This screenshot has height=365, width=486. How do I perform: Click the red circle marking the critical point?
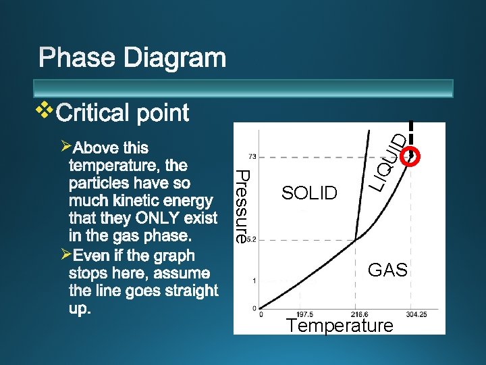(x=410, y=155)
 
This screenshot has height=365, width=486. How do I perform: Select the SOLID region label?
(x=309, y=193)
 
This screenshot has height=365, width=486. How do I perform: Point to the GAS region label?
(x=387, y=271)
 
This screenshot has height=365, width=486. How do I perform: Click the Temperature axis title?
(x=340, y=326)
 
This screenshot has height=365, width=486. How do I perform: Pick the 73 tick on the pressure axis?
(x=251, y=156)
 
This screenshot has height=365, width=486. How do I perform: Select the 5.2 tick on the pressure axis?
(x=250, y=239)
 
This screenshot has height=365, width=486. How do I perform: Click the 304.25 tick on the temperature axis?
(x=416, y=314)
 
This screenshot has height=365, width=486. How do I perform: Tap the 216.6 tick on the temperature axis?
(x=358, y=314)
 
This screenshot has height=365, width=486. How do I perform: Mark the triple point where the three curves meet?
(x=356, y=239)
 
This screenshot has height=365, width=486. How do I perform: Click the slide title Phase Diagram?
(x=132, y=58)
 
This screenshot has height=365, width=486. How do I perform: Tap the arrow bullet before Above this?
(x=65, y=146)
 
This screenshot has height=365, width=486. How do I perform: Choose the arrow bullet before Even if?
(x=65, y=255)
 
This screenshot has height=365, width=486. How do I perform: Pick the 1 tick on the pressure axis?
(x=253, y=280)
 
